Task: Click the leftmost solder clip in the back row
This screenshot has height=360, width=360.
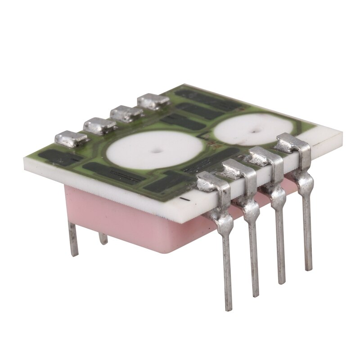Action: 69,138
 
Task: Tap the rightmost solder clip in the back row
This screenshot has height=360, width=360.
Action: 154,101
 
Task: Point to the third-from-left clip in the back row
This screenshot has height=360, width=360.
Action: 127,112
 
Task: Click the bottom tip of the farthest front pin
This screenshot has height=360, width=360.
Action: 308,269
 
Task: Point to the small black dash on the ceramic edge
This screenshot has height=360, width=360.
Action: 183,198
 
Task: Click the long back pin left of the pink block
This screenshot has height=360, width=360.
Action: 73,238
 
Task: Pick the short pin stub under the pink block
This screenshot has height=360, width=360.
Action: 103,238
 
